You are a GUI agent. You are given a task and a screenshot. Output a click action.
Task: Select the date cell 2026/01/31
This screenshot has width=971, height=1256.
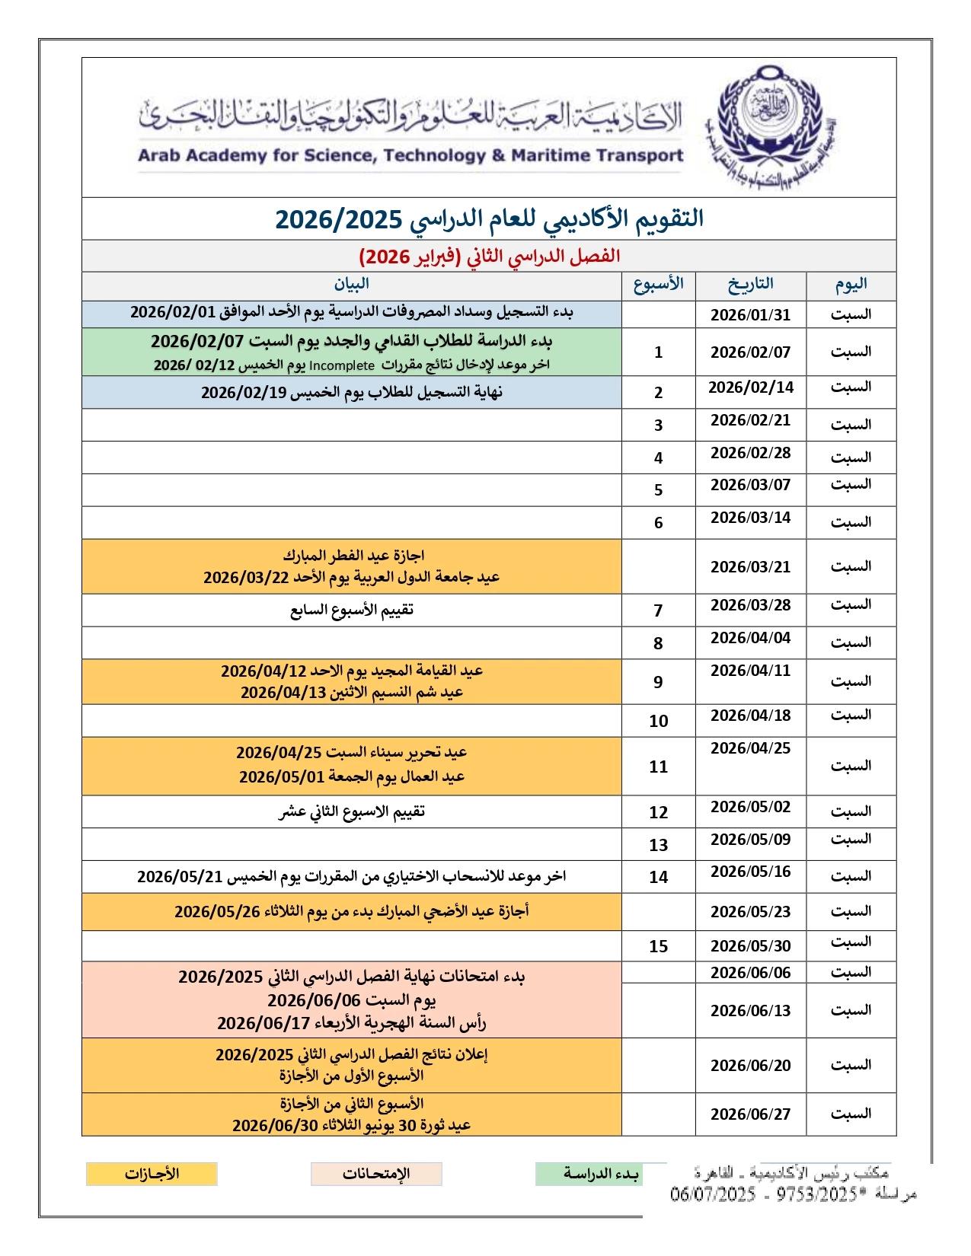750,315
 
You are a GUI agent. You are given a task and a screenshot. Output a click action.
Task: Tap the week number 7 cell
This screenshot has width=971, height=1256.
658,610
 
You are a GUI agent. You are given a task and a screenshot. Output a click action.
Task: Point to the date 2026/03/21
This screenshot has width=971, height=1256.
750,567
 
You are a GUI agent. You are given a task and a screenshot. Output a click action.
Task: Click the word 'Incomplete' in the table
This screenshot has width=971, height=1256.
341,365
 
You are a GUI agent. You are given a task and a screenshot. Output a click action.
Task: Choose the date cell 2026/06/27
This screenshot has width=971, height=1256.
750,1114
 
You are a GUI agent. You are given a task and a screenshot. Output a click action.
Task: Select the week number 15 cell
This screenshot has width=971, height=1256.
658,946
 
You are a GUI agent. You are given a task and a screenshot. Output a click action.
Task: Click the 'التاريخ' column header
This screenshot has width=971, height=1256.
750,284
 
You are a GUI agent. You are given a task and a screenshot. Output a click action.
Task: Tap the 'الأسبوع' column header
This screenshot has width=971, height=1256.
658,284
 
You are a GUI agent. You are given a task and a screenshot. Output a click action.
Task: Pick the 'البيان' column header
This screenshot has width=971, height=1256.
351,284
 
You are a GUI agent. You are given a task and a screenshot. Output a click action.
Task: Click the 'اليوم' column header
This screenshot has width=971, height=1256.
851,284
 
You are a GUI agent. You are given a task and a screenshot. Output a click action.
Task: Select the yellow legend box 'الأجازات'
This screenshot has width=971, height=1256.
152,1174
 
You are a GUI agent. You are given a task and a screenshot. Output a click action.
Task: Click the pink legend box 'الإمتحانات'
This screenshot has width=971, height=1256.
376,1174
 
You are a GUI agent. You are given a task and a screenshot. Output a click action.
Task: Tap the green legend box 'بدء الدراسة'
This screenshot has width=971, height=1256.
600,1174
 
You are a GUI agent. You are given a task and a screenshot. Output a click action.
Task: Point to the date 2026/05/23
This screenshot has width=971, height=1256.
750,912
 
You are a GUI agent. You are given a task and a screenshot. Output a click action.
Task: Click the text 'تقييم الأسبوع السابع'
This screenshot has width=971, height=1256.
351,610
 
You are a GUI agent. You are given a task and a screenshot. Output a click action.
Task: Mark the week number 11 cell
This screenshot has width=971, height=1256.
658,767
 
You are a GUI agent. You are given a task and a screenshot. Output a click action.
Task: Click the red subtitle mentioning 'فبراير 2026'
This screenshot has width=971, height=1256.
489,256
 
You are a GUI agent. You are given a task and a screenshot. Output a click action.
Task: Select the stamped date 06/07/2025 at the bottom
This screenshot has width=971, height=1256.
712,1194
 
